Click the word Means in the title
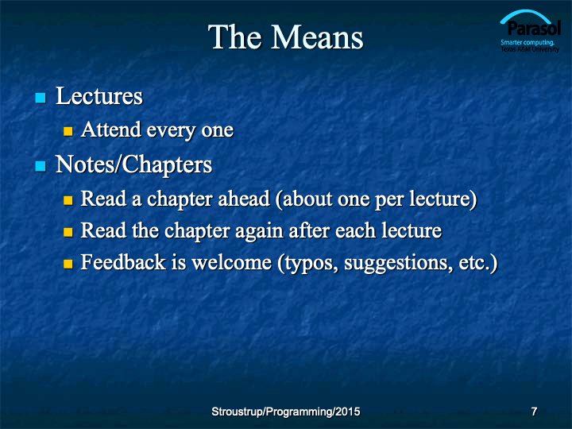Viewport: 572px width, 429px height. (317, 37)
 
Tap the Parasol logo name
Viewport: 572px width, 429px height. (534, 28)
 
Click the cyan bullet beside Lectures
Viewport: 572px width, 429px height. (41, 98)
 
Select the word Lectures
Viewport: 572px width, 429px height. (99, 96)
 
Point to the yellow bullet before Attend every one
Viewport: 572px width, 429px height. (68, 131)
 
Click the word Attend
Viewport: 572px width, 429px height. (111, 129)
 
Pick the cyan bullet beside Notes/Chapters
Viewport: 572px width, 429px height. (41, 166)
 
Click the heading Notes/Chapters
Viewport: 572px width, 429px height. (134, 164)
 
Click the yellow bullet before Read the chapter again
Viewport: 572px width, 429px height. (68, 232)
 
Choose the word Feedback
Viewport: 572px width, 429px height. (123, 262)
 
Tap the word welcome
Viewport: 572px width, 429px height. (232, 262)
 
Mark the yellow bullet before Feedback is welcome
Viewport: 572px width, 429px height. (68, 264)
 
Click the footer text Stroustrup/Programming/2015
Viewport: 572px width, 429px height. (286, 412)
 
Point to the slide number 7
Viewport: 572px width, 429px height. (534, 412)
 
